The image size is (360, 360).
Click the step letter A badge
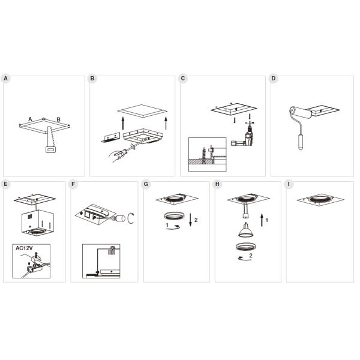pyautogui.click(x=5, y=78)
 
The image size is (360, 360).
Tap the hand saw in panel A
pyautogui.click(x=50, y=139)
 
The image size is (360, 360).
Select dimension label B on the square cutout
pyautogui.click(x=59, y=119)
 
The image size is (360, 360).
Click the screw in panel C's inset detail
pyautogui.click(x=203, y=155)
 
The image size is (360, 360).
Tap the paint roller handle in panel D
pyautogui.click(x=301, y=142)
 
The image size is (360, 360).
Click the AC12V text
pyautogui.click(x=24, y=248)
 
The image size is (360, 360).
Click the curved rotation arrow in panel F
pyautogui.click(x=131, y=218)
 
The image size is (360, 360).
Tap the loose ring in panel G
pyautogui.click(x=174, y=216)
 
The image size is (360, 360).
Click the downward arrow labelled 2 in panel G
pyautogui.click(x=190, y=220)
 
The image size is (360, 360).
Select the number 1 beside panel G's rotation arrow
pyautogui.click(x=167, y=225)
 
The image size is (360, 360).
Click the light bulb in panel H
pyautogui.click(x=245, y=230)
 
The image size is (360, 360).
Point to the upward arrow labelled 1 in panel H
pyautogui.click(x=262, y=220)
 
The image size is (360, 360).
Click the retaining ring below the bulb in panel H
pyautogui.click(x=246, y=247)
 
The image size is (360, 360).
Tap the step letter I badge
pyautogui.click(x=289, y=184)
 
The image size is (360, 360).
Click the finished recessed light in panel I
pyautogui.click(x=320, y=200)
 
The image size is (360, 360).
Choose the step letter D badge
pyautogui.click(x=274, y=78)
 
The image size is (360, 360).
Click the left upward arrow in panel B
pyautogui.click(x=123, y=123)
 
